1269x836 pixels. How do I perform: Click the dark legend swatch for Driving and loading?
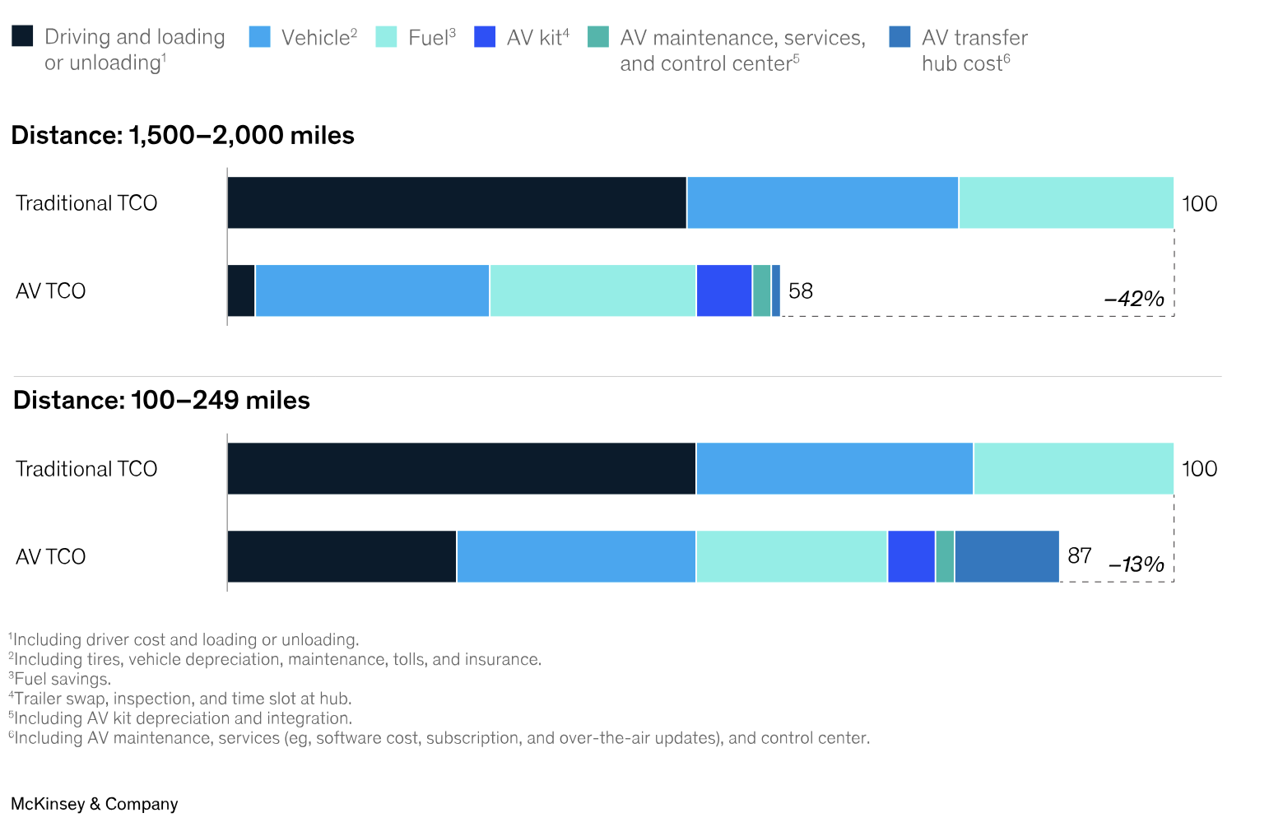pos(22,36)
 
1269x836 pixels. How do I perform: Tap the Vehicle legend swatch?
pos(259,36)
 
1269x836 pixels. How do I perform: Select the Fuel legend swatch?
pos(386,36)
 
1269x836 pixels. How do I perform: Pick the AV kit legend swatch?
pos(485,36)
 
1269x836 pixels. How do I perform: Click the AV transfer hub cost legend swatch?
pos(899,36)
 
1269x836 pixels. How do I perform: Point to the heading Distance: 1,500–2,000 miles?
pos(183,135)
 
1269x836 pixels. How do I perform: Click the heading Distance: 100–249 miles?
pos(161,400)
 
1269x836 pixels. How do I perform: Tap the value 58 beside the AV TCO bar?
pos(800,290)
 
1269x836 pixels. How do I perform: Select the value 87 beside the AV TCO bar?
pos(1079,556)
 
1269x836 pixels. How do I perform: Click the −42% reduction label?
pos(1133,299)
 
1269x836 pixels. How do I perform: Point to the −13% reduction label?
pos(1136,564)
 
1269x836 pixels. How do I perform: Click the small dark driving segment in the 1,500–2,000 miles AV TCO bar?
pos(241,290)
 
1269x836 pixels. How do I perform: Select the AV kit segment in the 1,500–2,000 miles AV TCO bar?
pos(724,290)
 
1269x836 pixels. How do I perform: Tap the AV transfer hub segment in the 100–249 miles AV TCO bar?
pos(1006,556)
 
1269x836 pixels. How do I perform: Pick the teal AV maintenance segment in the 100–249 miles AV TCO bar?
pos(945,556)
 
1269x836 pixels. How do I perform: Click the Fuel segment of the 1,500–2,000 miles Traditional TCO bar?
pos(1066,202)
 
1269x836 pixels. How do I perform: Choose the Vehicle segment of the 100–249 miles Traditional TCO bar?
pos(834,468)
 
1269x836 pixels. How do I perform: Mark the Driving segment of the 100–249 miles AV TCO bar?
pos(342,556)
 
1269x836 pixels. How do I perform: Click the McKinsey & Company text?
pos(95,804)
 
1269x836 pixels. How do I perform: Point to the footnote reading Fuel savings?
pos(61,679)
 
